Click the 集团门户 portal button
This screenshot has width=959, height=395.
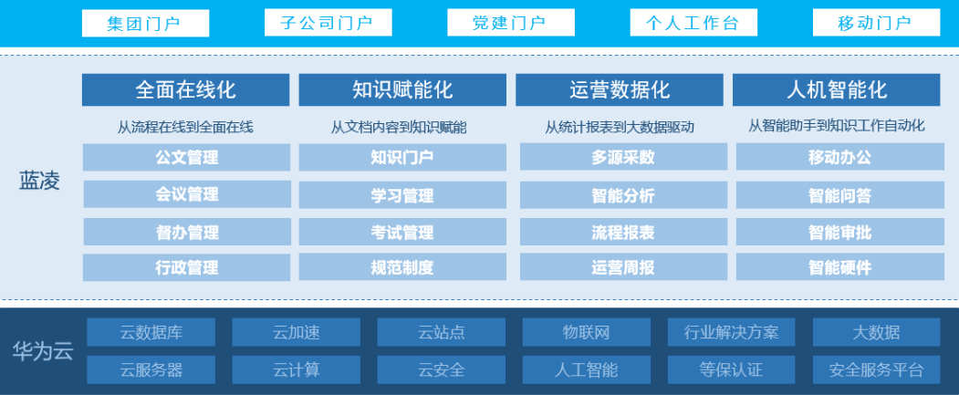point(145,23)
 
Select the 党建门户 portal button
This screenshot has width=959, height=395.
point(510,23)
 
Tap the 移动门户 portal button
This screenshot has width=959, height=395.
point(875,23)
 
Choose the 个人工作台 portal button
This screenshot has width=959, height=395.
point(693,23)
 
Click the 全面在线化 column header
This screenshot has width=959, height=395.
point(186,89)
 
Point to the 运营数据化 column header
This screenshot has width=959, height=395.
point(620,89)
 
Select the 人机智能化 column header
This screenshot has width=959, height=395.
point(836,89)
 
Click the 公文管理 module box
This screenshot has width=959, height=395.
point(186,158)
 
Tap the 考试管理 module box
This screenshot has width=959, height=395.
point(402,232)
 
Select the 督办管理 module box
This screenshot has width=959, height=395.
point(186,232)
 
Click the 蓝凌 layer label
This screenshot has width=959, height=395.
point(39,181)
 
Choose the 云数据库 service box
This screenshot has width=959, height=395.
point(151,332)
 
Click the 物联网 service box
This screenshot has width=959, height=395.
point(586,332)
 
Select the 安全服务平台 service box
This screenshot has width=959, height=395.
point(876,369)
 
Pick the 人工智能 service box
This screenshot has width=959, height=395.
point(586,369)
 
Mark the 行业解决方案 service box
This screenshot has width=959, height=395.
point(731,332)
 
